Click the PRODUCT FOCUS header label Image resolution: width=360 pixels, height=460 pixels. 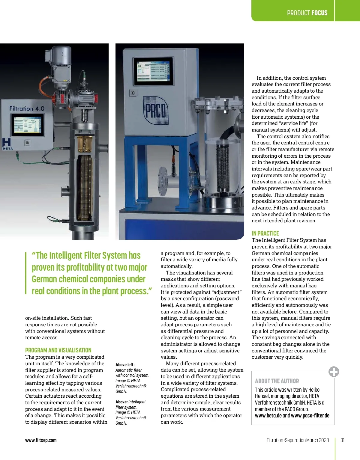click(x=307, y=13)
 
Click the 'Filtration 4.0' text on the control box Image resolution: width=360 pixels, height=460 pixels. click(x=27, y=108)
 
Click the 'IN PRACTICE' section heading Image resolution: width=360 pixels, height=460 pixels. click(x=265, y=233)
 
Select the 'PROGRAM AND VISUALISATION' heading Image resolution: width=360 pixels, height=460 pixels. click(x=58, y=350)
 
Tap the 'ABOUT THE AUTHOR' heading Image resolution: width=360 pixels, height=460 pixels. click(x=277, y=381)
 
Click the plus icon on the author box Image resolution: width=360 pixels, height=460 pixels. click(x=334, y=372)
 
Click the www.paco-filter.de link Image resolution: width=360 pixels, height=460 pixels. click(x=310, y=416)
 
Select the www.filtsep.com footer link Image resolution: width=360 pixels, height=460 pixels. click(x=41, y=440)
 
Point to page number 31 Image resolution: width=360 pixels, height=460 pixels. click(x=342, y=440)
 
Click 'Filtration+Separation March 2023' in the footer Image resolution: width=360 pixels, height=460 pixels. click(x=298, y=440)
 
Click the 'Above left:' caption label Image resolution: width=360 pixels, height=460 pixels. click(x=125, y=365)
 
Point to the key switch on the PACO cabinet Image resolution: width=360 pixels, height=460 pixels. click(x=133, y=93)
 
